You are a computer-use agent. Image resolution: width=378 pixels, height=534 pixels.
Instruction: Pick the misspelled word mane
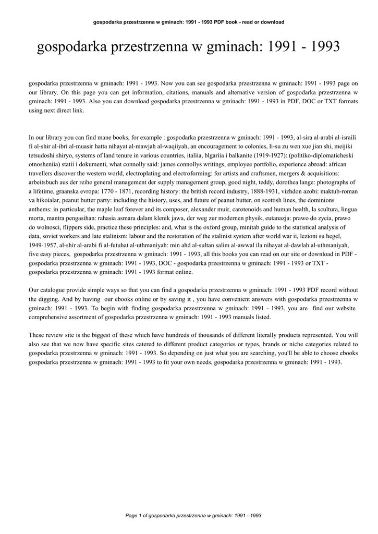point(100,138)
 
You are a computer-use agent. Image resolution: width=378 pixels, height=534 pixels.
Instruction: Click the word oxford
point(203,228)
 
